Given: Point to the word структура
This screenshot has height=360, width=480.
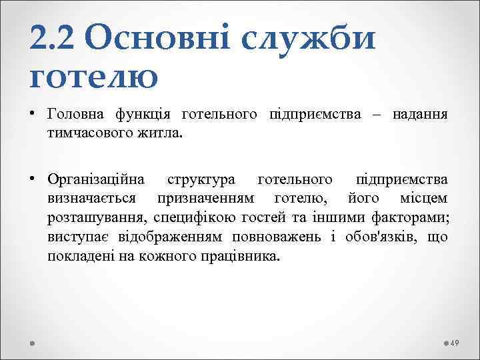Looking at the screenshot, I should tap(201, 179).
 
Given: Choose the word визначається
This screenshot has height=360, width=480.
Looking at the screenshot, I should tap(93, 198).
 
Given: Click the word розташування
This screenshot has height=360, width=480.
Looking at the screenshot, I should tap(97, 217).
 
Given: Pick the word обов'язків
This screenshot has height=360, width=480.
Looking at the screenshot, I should tap(385, 237).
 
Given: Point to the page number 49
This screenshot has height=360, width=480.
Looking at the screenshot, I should tap(455, 343).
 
